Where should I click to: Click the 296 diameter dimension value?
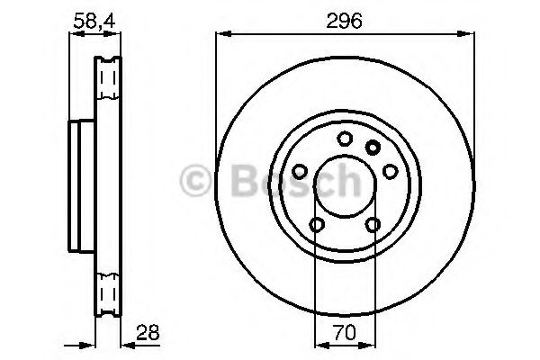coord(345,22)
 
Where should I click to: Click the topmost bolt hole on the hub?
coord(345,139)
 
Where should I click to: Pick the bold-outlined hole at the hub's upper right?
coord(373,148)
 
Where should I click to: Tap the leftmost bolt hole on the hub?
coord(299,169)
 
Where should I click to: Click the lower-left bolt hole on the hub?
coord(316,224)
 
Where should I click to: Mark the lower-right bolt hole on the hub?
coord(373,224)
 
